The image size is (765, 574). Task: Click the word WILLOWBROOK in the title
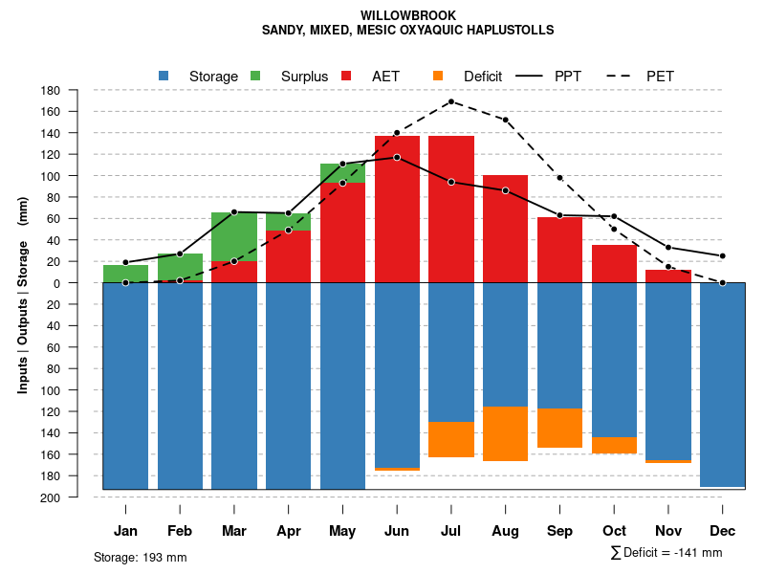pos(408,15)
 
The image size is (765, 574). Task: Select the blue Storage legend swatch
pos(164,76)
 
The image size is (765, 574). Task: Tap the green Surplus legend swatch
pos(255,76)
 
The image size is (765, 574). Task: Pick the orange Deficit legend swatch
pos(438,76)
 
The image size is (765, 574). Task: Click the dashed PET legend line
pos(623,76)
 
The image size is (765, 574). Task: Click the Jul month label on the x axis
pos(451,531)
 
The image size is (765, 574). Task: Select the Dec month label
pos(723,531)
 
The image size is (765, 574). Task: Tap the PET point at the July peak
pos(450,101)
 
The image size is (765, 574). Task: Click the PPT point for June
pos(397,157)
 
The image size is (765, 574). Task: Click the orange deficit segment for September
pos(559,428)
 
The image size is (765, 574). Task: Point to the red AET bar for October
pos(614,263)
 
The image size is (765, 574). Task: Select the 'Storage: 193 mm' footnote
pos(140,557)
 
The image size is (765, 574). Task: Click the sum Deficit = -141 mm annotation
pos(666,553)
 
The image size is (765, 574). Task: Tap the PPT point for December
pos(723,255)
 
